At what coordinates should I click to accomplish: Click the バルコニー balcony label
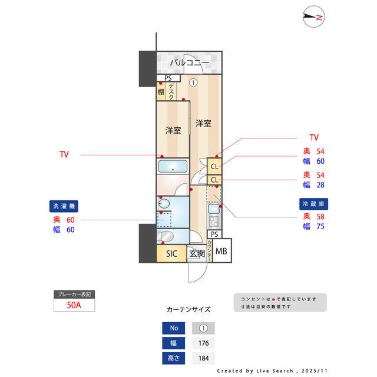(190, 62)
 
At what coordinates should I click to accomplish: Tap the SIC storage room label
(171, 254)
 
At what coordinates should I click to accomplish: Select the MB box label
(221, 252)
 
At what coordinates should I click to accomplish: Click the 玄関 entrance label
(196, 254)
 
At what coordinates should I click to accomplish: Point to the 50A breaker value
(74, 305)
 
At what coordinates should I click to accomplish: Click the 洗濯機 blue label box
(64, 207)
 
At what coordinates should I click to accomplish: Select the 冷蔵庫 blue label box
(313, 203)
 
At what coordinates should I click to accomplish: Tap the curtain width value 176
(203, 343)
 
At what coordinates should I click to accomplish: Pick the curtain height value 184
(203, 358)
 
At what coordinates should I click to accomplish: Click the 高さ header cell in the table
(173, 358)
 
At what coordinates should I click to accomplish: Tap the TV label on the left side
(64, 155)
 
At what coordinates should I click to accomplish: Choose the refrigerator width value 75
(321, 226)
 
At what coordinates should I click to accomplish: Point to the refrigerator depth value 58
(321, 216)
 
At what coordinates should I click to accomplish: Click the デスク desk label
(171, 92)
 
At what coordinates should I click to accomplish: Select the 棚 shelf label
(161, 92)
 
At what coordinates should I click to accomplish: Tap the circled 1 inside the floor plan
(193, 83)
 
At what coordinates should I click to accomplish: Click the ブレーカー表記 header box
(74, 293)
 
